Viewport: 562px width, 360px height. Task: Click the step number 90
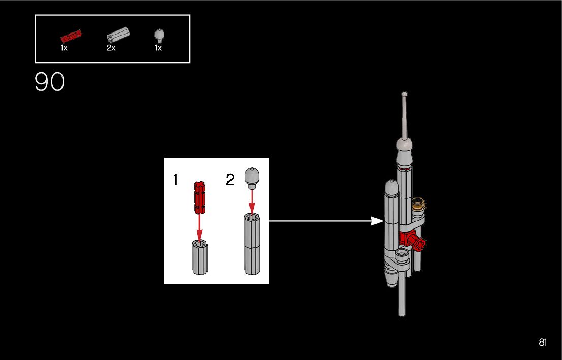click(50, 82)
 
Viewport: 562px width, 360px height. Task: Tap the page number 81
click(543, 343)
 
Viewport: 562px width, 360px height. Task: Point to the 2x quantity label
click(111, 48)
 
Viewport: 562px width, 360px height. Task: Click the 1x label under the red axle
click(64, 48)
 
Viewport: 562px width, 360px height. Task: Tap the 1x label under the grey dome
click(158, 48)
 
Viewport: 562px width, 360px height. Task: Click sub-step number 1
click(176, 180)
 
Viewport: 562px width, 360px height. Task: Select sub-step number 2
click(230, 180)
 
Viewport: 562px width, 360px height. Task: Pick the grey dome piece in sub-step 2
click(251, 176)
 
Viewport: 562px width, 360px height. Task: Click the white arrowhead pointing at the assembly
click(377, 221)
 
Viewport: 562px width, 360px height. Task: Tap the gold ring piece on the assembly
click(419, 203)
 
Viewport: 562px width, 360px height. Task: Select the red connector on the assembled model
click(413, 240)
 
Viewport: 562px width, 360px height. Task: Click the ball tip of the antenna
click(404, 94)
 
